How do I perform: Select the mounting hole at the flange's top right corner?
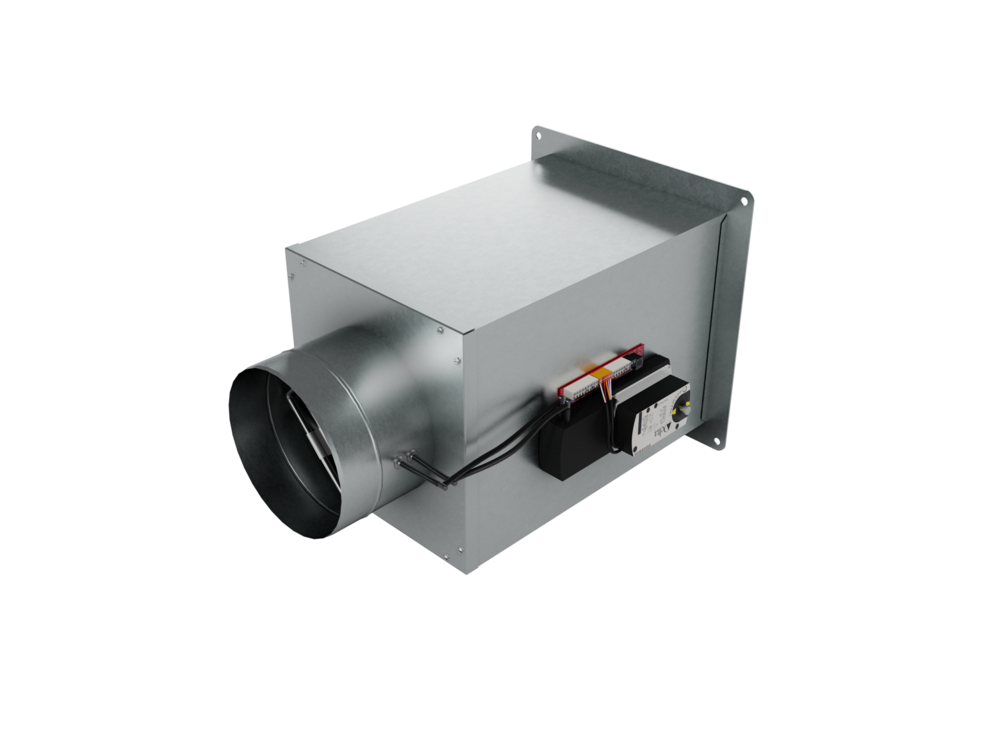click(x=744, y=201)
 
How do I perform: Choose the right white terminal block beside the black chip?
click(x=619, y=365)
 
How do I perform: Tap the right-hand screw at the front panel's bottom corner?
click(x=461, y=550)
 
